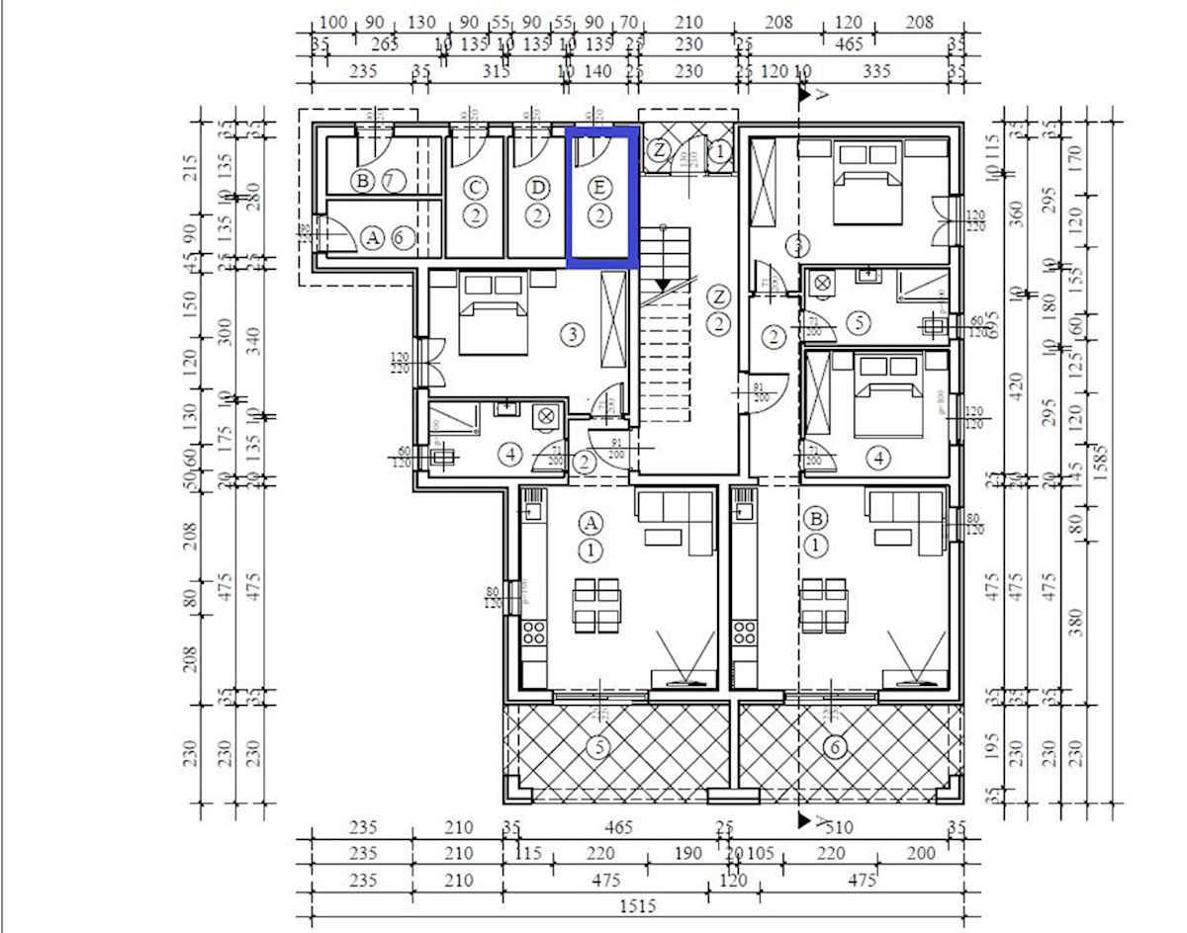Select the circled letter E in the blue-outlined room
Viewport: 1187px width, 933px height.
pos(598,187)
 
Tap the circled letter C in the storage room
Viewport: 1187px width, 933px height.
pos(476,187)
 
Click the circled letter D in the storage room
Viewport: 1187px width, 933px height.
pos(537,187)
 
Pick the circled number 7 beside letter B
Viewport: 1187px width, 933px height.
pos(393,181)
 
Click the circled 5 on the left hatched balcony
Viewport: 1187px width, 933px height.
pos(597,747)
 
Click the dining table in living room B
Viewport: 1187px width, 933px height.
pos(823,605)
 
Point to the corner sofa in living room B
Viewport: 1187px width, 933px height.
pos(905,519)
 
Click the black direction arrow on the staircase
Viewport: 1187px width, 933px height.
pos(663,285)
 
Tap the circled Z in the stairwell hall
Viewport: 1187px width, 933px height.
pos(719,297)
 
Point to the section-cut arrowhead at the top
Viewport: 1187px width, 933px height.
pos(806,95)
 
